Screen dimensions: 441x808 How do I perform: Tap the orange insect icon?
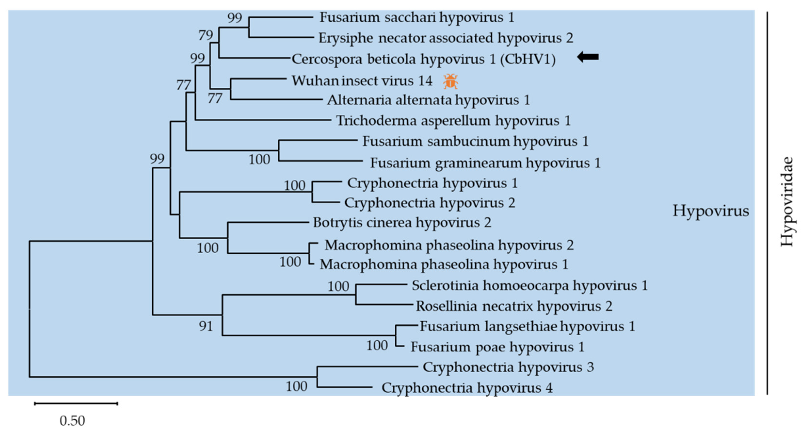[450, 81]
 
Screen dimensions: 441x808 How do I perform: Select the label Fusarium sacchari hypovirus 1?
[417, 17]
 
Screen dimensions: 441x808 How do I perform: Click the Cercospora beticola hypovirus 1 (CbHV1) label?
[424, 59]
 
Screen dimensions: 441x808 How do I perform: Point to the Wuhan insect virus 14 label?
[362, 81]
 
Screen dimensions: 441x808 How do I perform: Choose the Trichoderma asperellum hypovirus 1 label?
[453, 121]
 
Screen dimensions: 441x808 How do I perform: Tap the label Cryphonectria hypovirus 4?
[467, 388]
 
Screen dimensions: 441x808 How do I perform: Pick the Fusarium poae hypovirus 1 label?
[497, 347]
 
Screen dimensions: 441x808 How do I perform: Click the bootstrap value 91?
[206, 326]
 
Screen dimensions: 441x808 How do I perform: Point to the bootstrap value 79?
[206, 35]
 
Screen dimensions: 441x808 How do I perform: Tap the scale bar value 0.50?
[72, 421]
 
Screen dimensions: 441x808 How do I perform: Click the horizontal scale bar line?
[76, 404]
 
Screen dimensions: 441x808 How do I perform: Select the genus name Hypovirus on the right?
[711, 211]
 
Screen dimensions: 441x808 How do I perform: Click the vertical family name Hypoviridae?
[787, 202]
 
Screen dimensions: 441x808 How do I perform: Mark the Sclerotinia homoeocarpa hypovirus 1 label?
[529, 285]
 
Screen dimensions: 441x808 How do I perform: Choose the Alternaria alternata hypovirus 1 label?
[428, 100]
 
